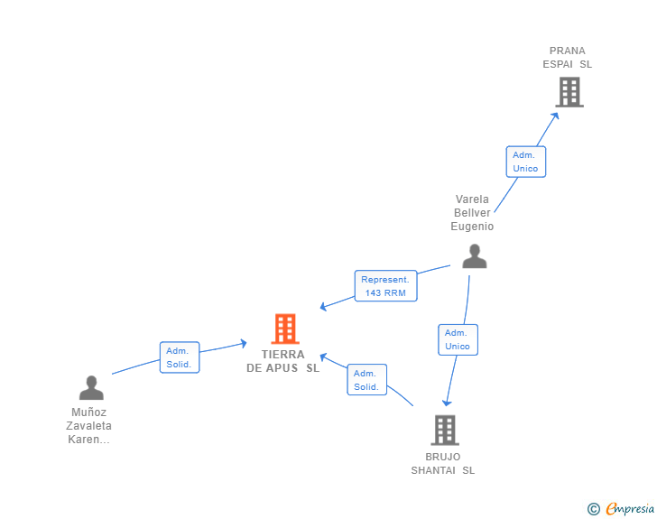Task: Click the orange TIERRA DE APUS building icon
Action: (x=285, y=329)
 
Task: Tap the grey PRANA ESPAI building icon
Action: (x=569, y=91)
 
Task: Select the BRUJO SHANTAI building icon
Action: (x=444, y=430)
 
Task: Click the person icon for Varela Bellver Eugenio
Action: (x=474, y=256)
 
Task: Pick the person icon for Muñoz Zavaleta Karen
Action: (x=91, y=387)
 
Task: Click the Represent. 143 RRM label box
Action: (x=386, y=286)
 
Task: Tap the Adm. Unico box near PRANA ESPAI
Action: (x=525, y=162)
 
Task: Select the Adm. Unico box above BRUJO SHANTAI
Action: (x=458, y=339)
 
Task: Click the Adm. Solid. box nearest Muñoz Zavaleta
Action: (x=180, y=357)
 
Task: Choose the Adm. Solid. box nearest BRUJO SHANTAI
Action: (x=366, y=380)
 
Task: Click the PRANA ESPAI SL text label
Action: (x=568, y=58)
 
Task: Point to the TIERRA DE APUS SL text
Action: (x=283, y=361)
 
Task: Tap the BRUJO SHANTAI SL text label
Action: (x=443, y=463)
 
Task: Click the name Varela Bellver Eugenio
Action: (x=472, y=213)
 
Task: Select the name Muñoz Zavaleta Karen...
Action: (x=89, y=426)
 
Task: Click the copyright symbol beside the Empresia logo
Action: (x=593, y=509)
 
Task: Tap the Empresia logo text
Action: (x=630, y=509)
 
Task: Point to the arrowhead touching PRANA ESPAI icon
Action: (x=555, y=114)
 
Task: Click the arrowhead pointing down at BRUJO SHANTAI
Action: (x=445, y=403)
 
